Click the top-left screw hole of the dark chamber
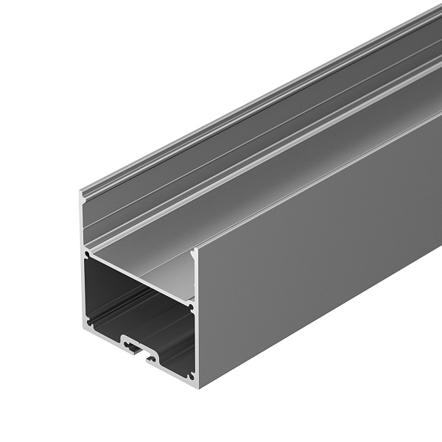click(89, 256)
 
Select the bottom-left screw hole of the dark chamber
click(89, 321)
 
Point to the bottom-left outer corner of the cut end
click(83, 328)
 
